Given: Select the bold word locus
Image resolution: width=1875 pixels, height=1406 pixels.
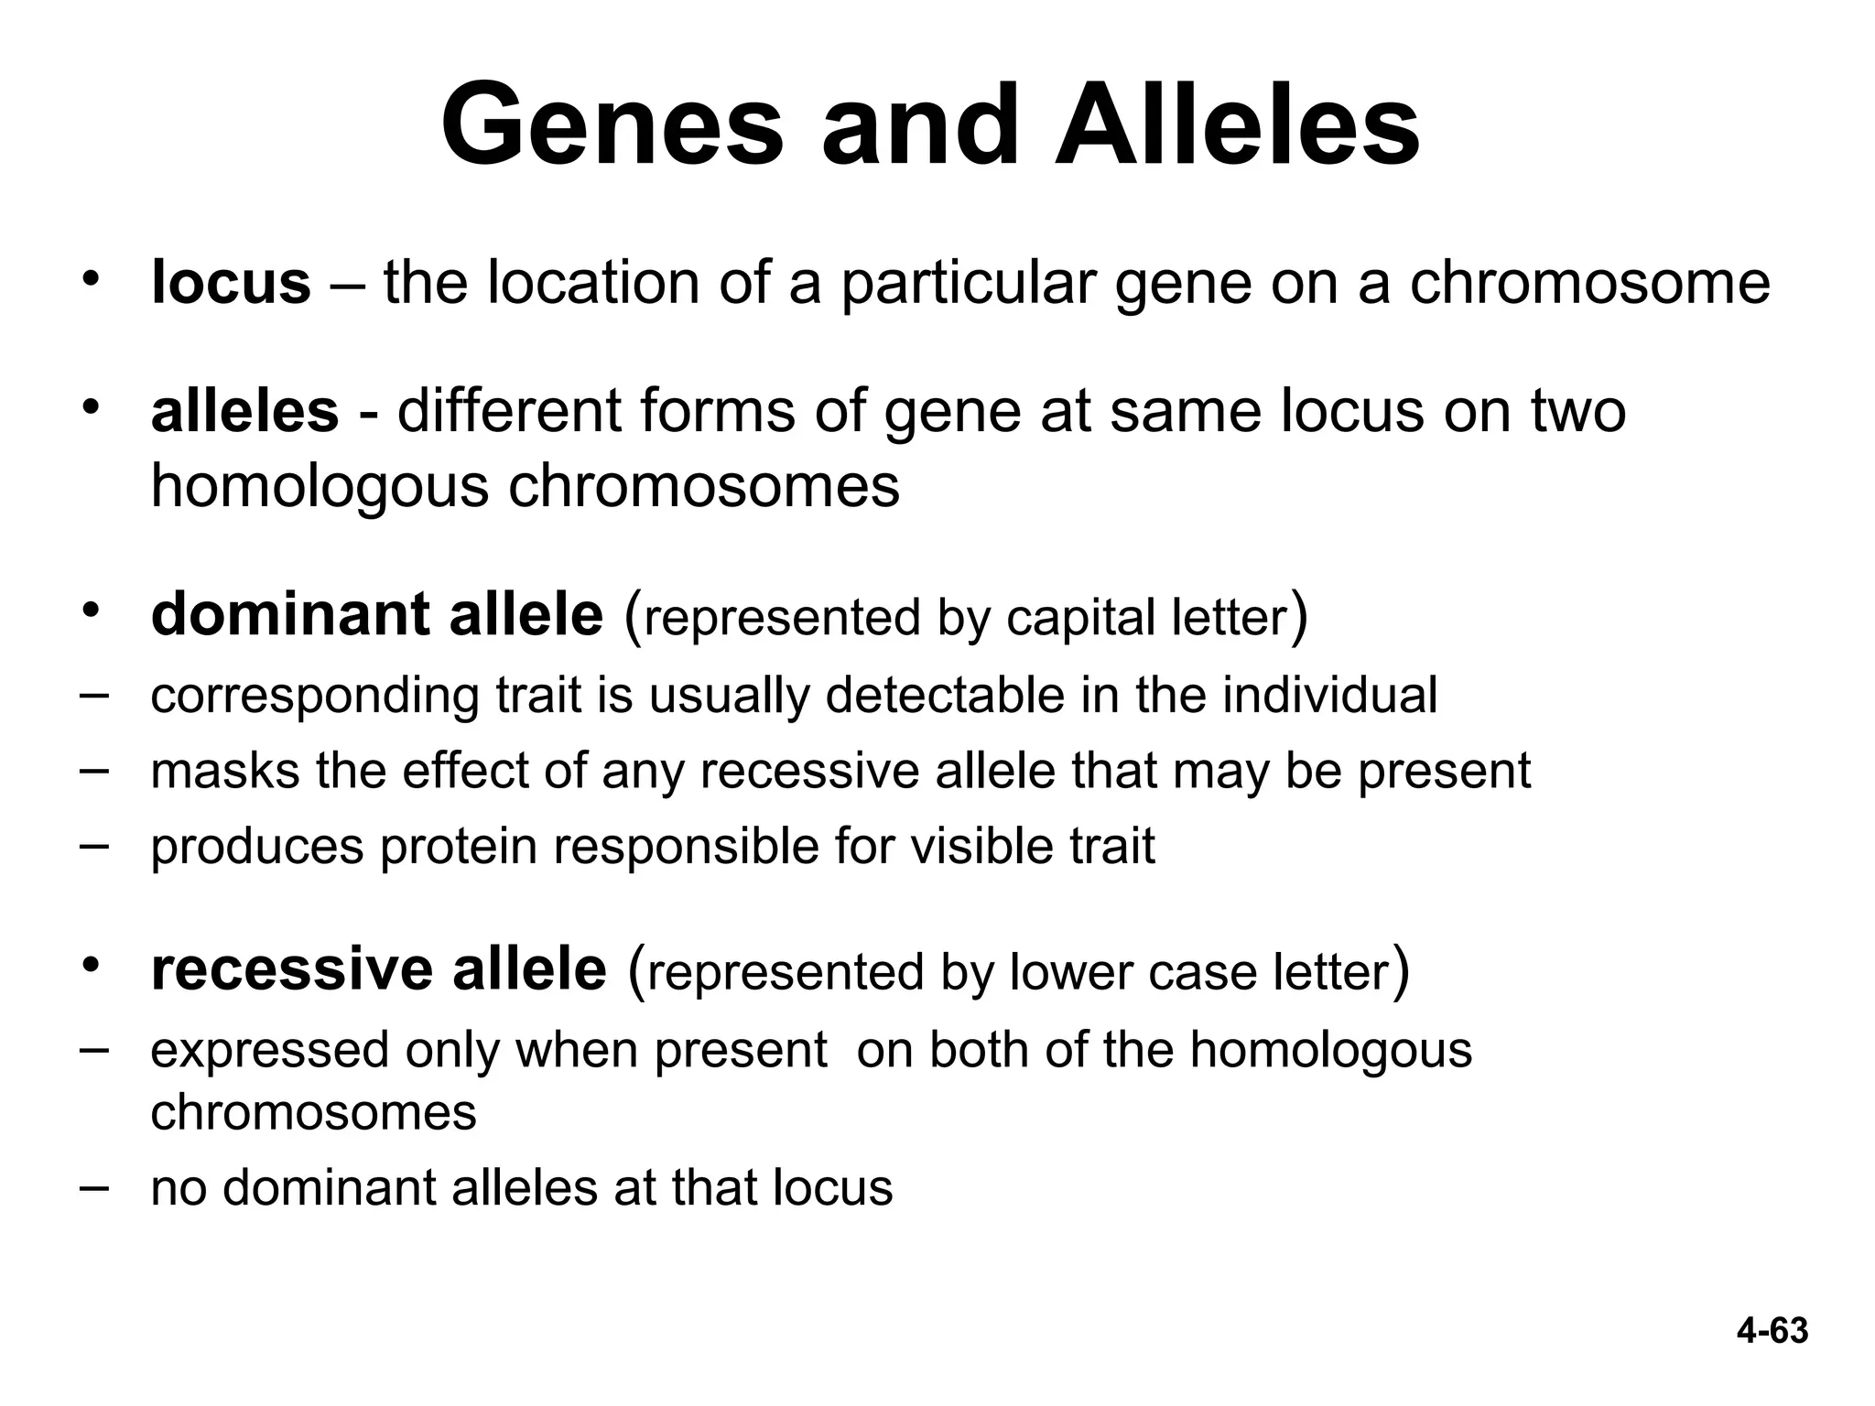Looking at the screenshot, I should tap(231, 282).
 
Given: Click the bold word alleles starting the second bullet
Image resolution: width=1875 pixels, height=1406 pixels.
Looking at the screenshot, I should tap(244, 411).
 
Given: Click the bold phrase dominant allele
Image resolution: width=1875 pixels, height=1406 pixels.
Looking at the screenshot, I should tap(376, 614).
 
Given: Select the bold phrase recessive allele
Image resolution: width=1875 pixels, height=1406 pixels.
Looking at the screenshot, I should tap(378, 969).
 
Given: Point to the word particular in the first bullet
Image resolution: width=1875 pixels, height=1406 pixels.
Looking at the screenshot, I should tap(969, 282).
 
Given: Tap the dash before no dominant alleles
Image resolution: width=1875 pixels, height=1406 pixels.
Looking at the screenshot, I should tap(92, 1186).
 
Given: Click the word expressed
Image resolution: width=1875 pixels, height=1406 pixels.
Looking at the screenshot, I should tap(270, 1050).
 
